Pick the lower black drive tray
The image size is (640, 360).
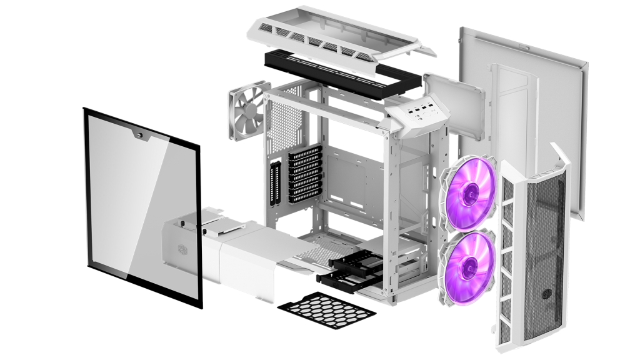pos(337,277)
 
